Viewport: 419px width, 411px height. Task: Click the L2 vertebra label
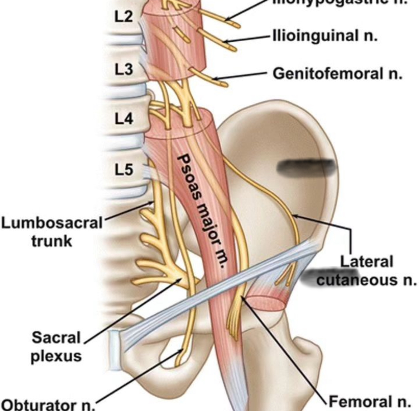123,16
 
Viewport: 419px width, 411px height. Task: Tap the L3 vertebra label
124,69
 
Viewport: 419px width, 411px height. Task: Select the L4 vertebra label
124,118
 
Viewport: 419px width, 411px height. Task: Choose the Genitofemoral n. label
337,74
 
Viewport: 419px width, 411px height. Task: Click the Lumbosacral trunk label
52,232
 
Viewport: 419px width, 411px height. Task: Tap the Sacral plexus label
56,346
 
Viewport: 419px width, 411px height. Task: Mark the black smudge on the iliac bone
307,167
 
